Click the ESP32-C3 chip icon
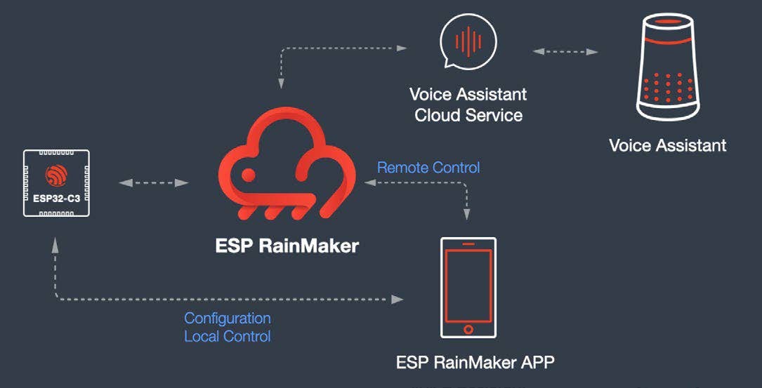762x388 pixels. (56, 182)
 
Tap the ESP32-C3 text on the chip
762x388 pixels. (56, 199)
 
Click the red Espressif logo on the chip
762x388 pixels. (56, 175)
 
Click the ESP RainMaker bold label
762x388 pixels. (287, 246)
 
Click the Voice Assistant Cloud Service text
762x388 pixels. (468, 105)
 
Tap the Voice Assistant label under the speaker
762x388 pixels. (667, 146)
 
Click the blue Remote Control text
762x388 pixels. (428, 168)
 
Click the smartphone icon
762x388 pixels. (468, 288)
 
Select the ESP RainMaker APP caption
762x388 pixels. (475, 363)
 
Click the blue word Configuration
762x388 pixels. (227, 319)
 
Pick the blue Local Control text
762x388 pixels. (227, 336)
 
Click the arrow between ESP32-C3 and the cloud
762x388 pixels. (154, 183)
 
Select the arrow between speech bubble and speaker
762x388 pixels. (565, 51)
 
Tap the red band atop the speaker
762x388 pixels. (667, 40)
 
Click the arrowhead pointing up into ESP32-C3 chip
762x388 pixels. (55, 243)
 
